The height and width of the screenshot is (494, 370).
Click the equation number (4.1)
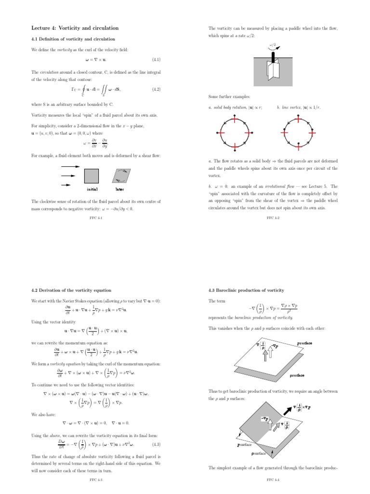click(156, 60)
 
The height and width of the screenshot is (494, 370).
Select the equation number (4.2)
click(156, 89)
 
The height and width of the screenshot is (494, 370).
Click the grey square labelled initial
click(92, 176)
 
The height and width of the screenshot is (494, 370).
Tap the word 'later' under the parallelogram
click(119, 190)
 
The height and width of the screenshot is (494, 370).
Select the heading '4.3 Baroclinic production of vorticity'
click(246, 290)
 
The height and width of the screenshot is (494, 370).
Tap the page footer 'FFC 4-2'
click(273, 218)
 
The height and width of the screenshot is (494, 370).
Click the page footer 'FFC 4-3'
click(96, 480)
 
